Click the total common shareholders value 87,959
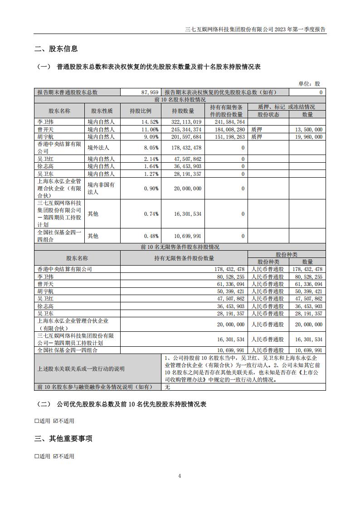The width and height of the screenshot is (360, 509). click(149, 92)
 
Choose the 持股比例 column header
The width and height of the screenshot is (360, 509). click(141, 111)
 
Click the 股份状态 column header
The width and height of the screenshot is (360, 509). click(268, 114)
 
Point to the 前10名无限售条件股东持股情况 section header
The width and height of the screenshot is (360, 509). click(180, 247)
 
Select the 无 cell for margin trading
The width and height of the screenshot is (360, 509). click(167, 387)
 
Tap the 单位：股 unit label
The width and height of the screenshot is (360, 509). click(309, 84)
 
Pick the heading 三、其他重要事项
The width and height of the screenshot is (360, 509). click(63, 438)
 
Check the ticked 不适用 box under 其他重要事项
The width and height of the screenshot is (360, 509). click(55, 456)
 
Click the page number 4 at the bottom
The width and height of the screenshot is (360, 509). click(180, 476)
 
